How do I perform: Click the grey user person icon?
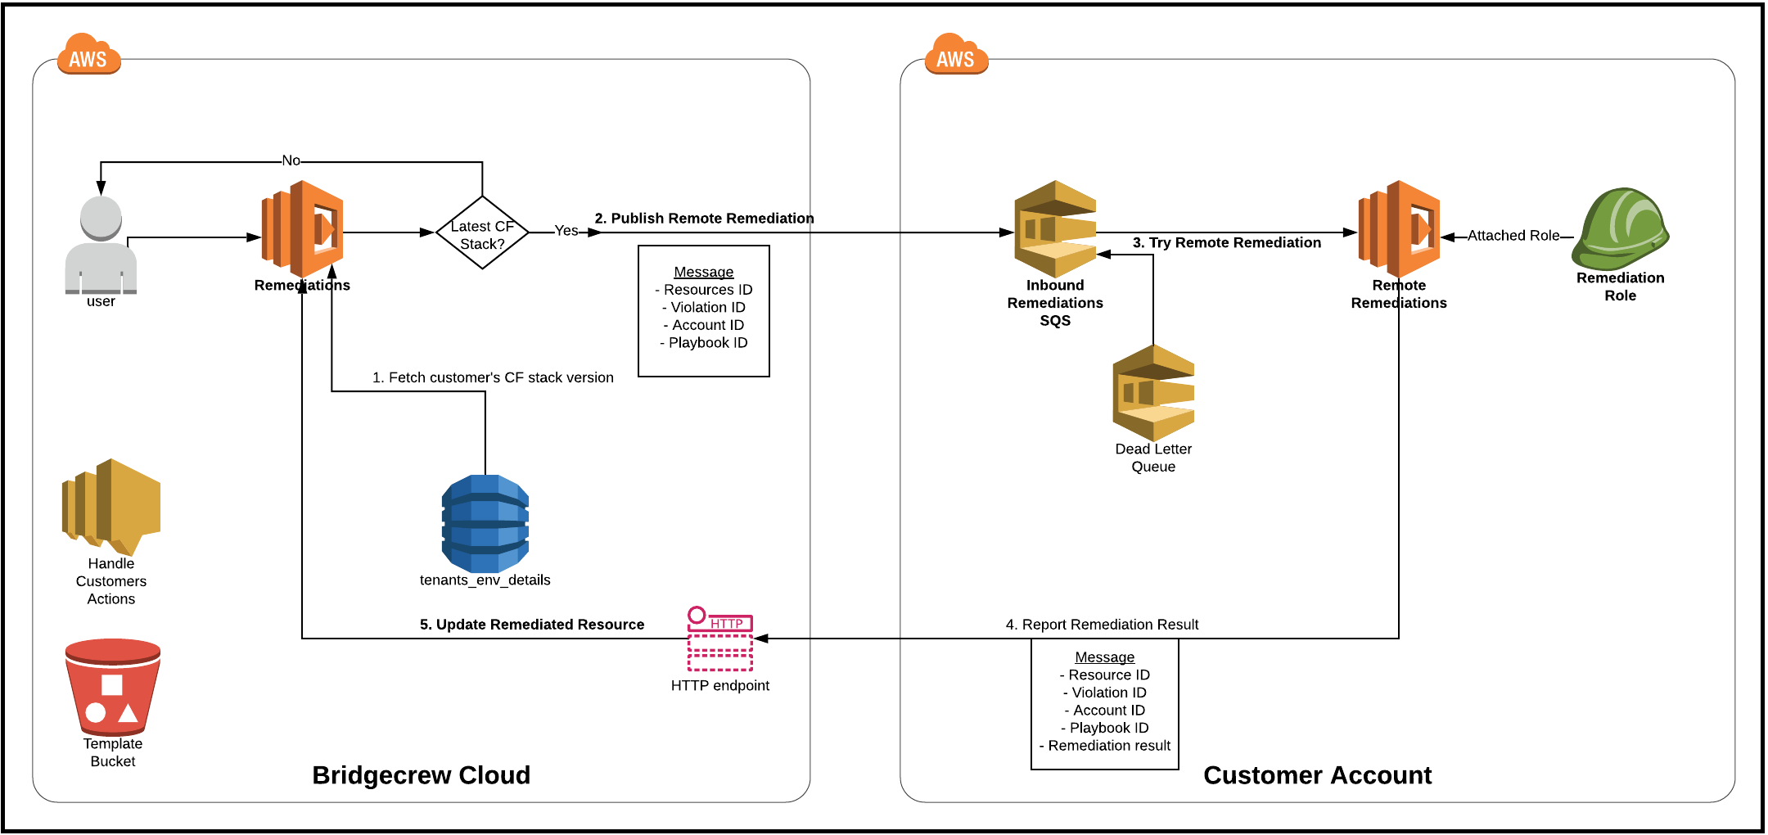point(101,245)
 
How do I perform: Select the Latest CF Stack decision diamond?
point(482,232)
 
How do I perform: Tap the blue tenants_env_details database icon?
point(485,523)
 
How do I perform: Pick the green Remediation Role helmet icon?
point(1620,229)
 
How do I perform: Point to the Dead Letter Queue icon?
point(1153,393)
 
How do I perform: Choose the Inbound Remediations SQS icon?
point(1055,229)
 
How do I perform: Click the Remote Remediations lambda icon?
point(1399,229)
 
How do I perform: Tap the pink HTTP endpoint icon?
point(720,639)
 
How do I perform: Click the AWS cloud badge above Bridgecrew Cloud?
point(88,55)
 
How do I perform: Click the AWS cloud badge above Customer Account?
point(956,55)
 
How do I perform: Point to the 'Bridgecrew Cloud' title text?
point(422,775)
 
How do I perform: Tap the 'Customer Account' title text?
point(1317,775)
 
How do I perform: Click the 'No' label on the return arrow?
point(291,160)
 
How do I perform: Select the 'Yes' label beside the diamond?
point(566,231)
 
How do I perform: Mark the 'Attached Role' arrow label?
point(1513,236)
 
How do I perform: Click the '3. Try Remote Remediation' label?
point(1226,242)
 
